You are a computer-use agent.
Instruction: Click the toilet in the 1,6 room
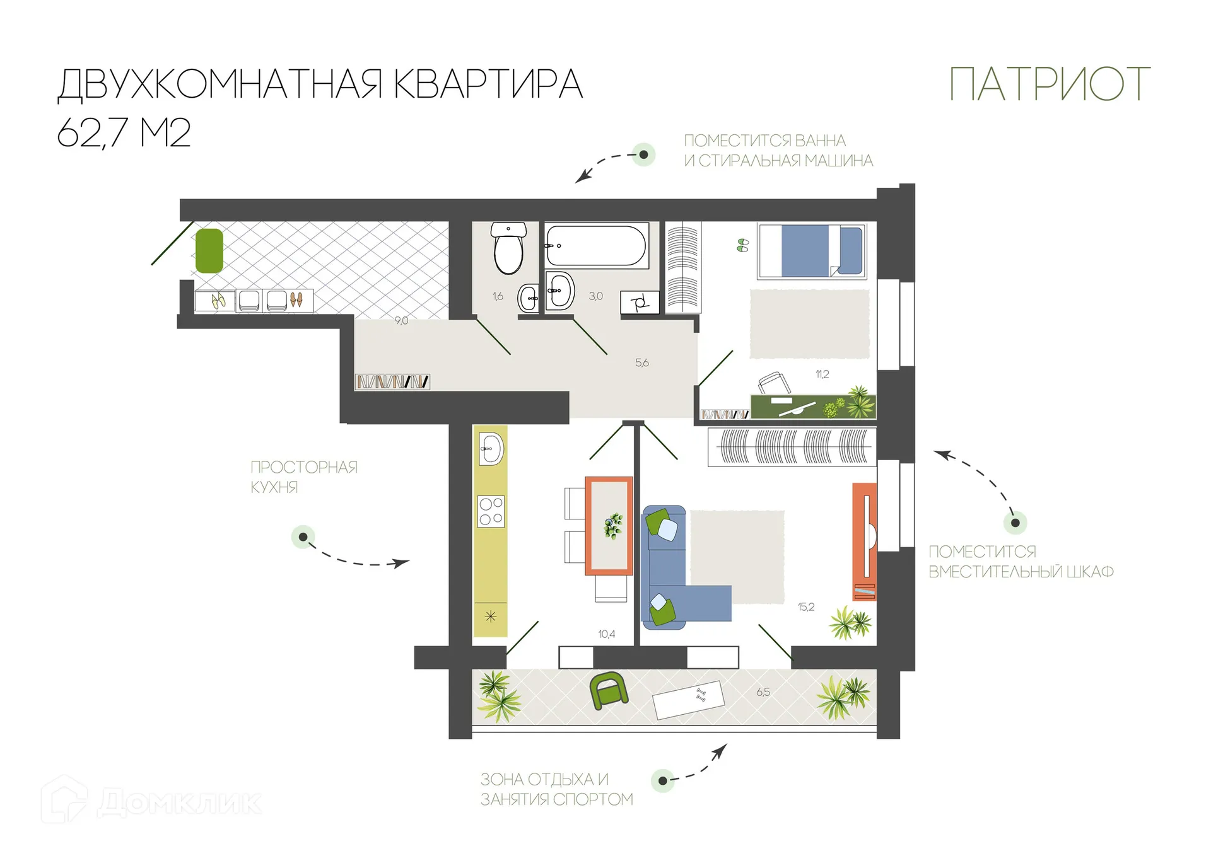pos(508,248)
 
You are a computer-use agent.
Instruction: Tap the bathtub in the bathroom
pos(595,246)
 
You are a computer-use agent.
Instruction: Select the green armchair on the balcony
pos(608,690)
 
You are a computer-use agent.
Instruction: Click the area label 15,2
pos(805,607)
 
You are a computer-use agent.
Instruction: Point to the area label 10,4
pos(606,634)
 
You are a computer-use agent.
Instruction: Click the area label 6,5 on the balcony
pos(763,692)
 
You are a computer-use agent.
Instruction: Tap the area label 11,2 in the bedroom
pos(822,374)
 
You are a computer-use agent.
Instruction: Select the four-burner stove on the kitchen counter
pos(491,511)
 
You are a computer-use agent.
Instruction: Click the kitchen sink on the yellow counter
pos(491,449)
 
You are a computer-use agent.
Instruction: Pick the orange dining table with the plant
pos(609,526)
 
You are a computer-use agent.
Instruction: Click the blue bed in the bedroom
pos(812,251)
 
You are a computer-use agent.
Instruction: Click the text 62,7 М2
pos(124,132)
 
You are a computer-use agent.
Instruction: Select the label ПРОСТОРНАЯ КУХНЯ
pos(303,477)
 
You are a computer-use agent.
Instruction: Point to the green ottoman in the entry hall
pos(209,251)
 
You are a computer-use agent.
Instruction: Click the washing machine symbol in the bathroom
pos(640,303)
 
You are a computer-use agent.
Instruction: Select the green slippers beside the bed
pos(742,245)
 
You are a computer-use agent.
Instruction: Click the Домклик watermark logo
pos(151,801)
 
